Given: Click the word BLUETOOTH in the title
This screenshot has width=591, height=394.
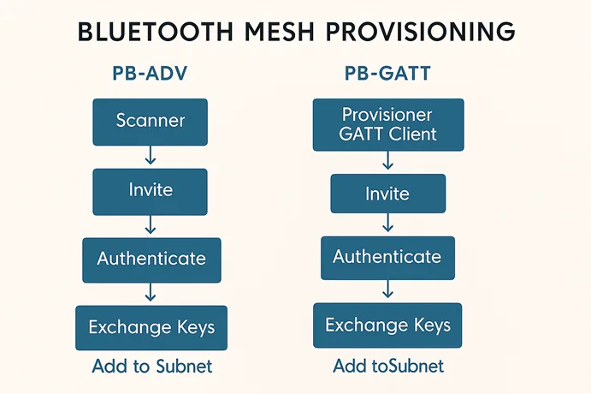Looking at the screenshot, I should click(x=153, y=32).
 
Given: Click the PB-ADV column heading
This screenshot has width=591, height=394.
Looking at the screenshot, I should click(x=151, y=74).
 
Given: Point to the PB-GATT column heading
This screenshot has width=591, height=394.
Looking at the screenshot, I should click(x=387, y=74).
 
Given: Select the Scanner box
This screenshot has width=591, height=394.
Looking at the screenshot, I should click(x=151, y=121).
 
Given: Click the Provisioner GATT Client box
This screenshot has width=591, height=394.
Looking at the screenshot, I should click(x=387, y=124).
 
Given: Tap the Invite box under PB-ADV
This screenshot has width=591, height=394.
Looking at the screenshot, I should click(x=151, y=190).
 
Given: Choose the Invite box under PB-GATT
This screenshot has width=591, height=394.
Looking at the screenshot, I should click(x=387, y=194).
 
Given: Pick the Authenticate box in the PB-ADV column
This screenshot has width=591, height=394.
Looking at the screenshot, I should click(x=151, y=260).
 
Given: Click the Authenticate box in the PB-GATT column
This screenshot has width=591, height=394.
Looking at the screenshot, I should click(x=387, y=257).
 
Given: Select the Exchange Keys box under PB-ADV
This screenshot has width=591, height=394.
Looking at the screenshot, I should click(x=151, y=327).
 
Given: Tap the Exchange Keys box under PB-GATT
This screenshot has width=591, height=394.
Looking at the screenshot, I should click(x=387, y=325).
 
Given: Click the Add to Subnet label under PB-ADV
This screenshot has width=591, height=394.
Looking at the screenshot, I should click(x=151, y=367).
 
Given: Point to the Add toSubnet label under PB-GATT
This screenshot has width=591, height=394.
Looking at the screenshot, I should click(x=388, y=367).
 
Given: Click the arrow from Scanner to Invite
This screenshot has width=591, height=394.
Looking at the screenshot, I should click(x=151, y=155).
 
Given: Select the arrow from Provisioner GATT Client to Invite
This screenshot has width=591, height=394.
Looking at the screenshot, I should click(x=387, y=161).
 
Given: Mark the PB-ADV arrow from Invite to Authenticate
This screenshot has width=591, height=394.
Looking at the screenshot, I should click(x=151, y=224).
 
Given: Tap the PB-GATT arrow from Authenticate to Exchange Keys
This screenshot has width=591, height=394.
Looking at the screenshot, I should click(x=387, y=291).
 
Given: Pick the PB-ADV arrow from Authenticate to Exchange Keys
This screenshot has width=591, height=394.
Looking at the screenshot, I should click(x=151, y=293).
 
